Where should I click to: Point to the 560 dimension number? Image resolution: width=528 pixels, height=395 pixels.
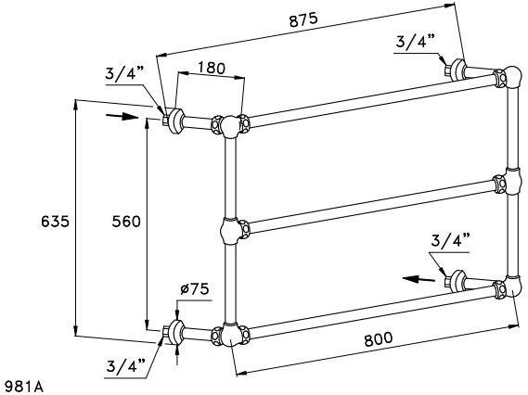[x=123, y=221]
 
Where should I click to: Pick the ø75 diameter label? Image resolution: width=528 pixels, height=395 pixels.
[x=193, y=290]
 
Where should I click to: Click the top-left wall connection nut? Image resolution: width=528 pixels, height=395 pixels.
[x=171, y=120]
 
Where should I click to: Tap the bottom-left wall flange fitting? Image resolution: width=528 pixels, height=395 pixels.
[x=172, y=332]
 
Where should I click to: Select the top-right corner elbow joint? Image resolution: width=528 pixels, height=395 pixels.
[x=509, y=80]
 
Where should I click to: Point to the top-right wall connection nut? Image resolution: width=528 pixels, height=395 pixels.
[x=455, y=69]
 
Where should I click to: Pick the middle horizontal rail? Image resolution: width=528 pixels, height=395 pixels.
[x=371, y=203]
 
